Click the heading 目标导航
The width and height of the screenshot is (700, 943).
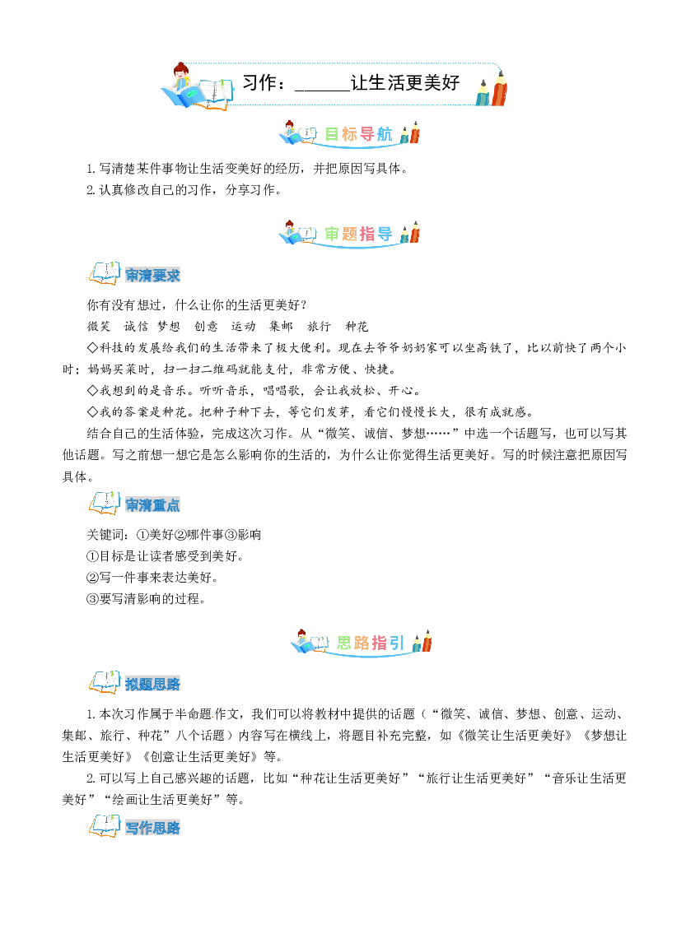tap(358, 133)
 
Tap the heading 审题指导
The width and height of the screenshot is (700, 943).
tap(358, 234)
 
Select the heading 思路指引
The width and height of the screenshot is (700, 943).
tap(370, 643)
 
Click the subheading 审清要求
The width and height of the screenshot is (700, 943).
tap(153, 276)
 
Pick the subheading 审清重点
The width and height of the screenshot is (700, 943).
tap(153, 505)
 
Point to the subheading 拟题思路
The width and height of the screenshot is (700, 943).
tap(153, 685)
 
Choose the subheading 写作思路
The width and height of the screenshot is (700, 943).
tap(153, 828)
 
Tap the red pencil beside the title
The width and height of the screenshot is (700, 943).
tap(500, 88)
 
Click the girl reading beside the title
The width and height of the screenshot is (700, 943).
tap(180, 79)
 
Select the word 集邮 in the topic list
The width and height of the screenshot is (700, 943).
tap(281, 327)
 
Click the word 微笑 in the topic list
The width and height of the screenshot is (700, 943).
tap(99, 327)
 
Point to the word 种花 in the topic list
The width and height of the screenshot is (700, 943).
tap(357, 327)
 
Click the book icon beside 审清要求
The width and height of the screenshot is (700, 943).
tap(105, 273)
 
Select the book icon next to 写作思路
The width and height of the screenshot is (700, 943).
tap(105, 825)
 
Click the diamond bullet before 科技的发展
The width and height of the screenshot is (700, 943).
tap(93, 347)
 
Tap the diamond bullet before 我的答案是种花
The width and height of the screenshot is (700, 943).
tap(93, 412)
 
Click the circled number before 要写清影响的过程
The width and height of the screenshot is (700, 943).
tap(93, 599)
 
